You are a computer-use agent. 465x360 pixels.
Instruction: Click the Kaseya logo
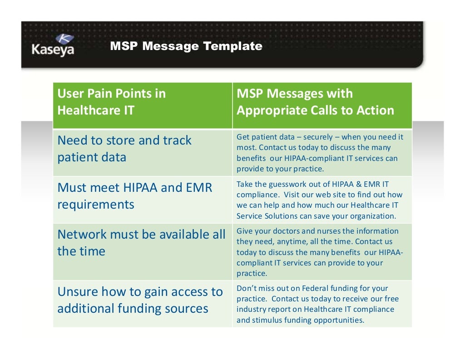53,46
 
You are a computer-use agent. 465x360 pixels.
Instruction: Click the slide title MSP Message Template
186,46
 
